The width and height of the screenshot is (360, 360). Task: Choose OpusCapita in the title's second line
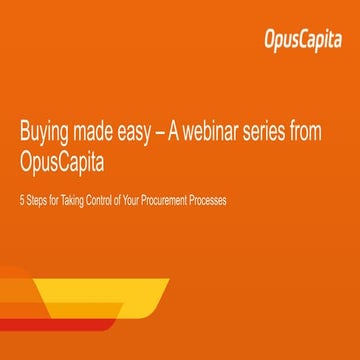tap(69, 162)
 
